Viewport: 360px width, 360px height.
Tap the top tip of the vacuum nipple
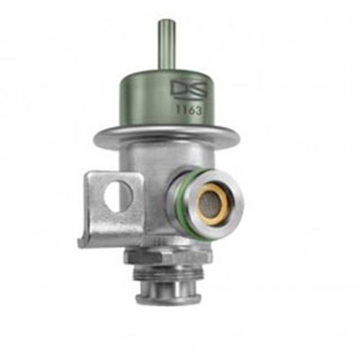pyautogui.click(x=165, y=20)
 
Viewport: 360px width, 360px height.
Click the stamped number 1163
pyautogui.click(x=189, y=110)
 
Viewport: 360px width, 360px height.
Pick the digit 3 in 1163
pyautogui.click(x=197, y=111)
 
